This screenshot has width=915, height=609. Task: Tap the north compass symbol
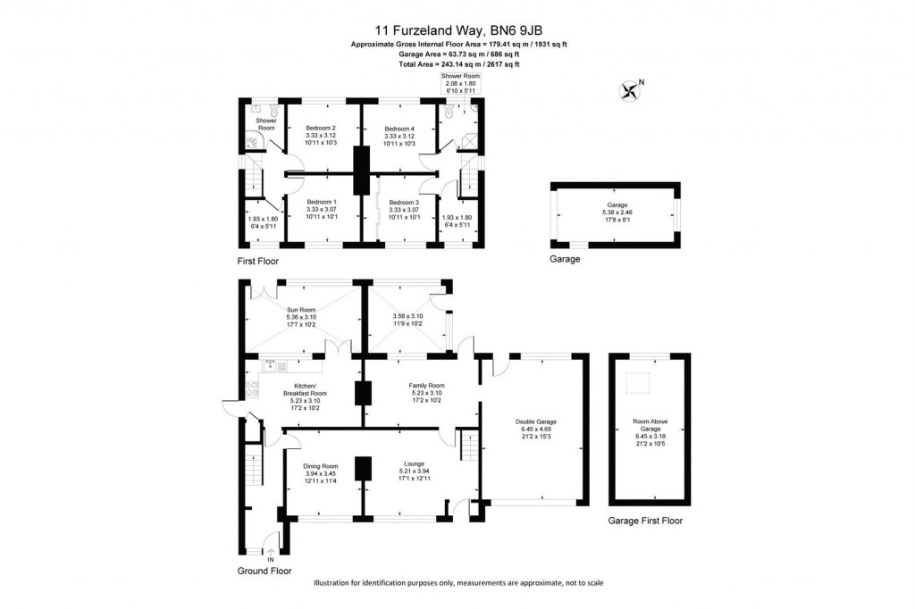(x=631, y=88)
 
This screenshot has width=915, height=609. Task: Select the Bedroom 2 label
(x=321, y=128)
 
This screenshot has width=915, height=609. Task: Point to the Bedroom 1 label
(x=321, y=202)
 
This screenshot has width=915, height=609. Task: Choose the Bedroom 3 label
(x=404, y=202)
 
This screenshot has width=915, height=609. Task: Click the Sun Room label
(x=301, y=310)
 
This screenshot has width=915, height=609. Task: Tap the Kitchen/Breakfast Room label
(x=305, y=389)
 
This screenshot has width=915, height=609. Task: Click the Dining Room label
(x=320, y=466)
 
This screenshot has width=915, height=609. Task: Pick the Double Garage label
(x=535, y=421)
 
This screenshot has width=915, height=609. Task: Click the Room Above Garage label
(x=650, y=422)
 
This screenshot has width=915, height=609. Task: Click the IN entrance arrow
(x=271, y=554)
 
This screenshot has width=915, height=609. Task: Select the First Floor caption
(x=258, y=262)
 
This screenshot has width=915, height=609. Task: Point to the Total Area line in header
(x=459, y=64)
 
